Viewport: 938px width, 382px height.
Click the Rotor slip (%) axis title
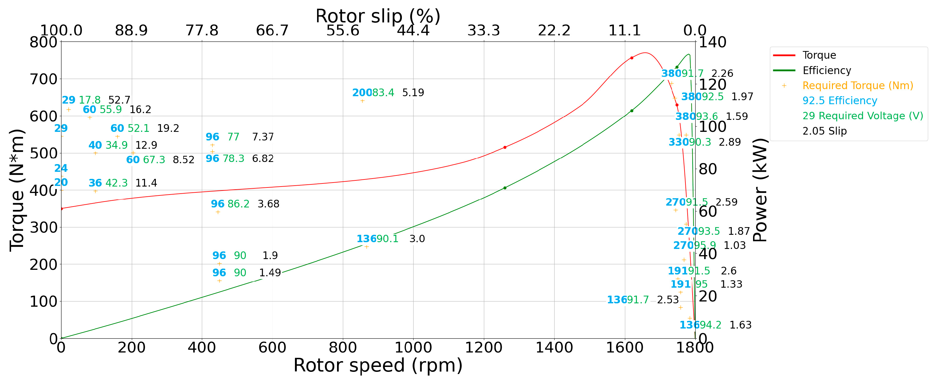tap(378, 16)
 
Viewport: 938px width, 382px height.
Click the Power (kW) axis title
tap(760, 190)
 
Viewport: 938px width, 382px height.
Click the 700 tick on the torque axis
tap(43, 79)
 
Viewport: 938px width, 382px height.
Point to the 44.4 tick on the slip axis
tap(413, 31)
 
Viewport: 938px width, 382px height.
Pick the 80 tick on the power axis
tap(708, 169)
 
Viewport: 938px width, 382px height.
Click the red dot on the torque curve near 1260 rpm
tap(505, 148)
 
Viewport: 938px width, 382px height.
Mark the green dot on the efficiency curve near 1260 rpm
tap(505, 188)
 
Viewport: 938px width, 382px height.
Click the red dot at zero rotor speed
tap(61, 209)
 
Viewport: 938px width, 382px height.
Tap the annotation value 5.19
tap(413, 93)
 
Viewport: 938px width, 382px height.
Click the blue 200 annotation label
tap(362, 93)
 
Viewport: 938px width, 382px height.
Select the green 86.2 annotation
tap(238, 204)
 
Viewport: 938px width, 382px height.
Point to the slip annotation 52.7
tap(119, 100)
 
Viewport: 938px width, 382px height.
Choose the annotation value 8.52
tap(183, 160)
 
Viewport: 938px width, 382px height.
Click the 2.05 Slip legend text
tap(824, 131)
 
